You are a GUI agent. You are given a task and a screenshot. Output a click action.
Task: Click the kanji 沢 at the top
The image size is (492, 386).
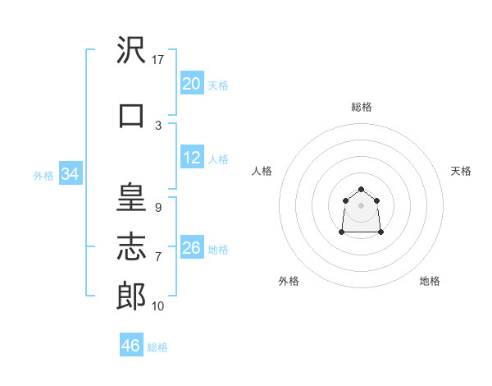click(x=131, y=49)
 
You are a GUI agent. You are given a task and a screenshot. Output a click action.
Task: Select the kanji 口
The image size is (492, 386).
click(x=131, y=116)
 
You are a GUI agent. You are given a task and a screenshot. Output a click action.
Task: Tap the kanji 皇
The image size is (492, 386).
click(x=131, y=197)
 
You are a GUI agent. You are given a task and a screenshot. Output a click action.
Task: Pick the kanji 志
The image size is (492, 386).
click(x=131, y=246)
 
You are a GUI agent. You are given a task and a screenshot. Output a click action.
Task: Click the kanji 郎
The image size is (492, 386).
click(x=131, y=296)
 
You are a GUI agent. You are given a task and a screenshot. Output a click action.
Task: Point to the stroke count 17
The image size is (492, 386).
click(x=157, y=60)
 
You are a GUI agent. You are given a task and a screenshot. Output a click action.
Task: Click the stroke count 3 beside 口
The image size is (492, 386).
click(x=158, y=126)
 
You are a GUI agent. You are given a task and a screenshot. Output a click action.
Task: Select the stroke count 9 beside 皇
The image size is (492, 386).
click(x=158, y=208)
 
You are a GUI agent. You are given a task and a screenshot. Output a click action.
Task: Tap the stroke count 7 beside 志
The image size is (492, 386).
click(x=158, y=257)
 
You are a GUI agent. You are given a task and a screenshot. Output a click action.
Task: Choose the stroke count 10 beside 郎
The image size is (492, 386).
click(x=157, y=306)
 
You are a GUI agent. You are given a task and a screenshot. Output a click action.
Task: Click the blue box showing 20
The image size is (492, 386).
click(x=192, y=83)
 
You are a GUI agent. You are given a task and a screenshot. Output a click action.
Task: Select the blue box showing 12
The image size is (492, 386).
click(x=192, y=157)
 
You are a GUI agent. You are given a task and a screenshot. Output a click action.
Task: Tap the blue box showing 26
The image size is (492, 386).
click(x=192, y=246)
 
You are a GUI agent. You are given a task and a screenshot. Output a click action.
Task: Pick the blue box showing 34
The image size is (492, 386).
click(x=71, y=173)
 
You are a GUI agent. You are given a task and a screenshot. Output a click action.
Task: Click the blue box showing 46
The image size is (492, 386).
click(x=131, y=344)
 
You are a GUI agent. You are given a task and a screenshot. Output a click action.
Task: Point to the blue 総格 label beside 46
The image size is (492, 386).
click(x=157, y=347)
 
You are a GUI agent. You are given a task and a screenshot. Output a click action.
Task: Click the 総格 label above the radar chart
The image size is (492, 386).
click(x=362, y=107)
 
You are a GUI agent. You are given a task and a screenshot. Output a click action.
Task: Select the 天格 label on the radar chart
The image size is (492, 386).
click(x=461, y=171)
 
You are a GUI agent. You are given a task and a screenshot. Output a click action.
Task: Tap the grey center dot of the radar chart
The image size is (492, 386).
click(x=361, y=205)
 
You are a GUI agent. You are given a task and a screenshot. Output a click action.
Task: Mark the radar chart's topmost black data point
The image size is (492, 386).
click(x=361, y=189)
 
